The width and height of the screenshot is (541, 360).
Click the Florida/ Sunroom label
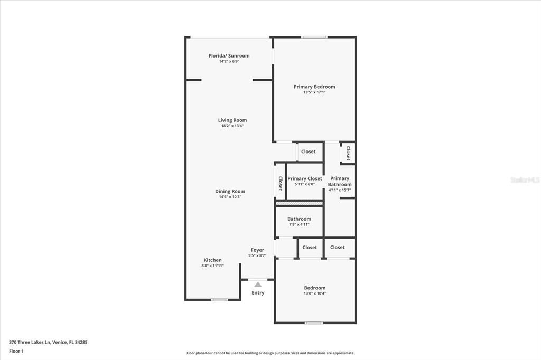[229, 55]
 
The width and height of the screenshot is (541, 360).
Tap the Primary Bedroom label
[314, 87]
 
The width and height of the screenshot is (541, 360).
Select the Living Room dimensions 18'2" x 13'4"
[232, 126]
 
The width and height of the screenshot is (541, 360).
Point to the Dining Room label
[230, 191]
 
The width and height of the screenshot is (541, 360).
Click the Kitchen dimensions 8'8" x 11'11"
[212, 266]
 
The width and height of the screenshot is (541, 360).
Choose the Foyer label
[257, 250]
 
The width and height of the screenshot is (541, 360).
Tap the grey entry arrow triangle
[258, 284]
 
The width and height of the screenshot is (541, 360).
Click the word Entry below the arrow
[258, 293]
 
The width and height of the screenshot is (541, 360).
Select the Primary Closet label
[305, 178]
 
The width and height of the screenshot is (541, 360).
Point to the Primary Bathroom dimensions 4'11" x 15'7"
[340, 190]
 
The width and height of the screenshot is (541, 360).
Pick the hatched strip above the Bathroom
[299, 203]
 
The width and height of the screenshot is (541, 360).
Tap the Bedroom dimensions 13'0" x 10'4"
[314, 293]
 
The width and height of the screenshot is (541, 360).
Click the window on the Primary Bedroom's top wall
[314, 37]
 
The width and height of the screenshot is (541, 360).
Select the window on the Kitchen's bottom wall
[219, 300]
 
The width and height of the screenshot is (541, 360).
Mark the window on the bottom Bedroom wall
[314, 323]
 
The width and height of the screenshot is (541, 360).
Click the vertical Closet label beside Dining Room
[280, 183]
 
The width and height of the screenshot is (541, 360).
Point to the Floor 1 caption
[16, 350]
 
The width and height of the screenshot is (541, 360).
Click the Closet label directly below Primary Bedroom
[308, 151]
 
